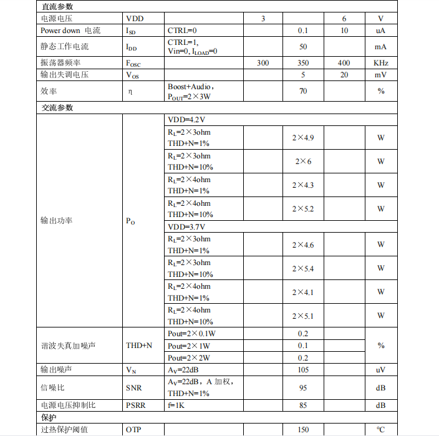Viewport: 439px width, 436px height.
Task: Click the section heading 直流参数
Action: (57, 7)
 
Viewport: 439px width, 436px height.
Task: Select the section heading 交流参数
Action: (57, 107)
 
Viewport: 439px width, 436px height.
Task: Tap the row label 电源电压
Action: (56, 19)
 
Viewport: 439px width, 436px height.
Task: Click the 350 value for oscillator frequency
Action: (303, 63)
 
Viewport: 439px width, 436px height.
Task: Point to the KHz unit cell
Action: (381, 63)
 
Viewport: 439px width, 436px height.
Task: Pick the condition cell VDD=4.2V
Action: (186, 119)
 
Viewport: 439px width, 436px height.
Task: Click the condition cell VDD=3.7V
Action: (186, 226)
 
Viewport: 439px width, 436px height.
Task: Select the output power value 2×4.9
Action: (303, 137)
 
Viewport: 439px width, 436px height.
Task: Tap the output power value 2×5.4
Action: (303, 268)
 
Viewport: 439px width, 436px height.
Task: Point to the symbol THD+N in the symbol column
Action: (139, 345)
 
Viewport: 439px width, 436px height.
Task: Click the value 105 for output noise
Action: (303, 370)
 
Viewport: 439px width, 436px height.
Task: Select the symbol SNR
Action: (133, 388)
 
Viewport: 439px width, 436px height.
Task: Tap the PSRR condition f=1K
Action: (177, 405)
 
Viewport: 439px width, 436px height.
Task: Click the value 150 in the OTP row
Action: (303, 429)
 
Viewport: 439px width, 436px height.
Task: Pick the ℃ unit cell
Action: (381, 429)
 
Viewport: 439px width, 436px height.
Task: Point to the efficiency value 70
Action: (303, 91)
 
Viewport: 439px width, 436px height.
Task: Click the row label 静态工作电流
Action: (65, 47)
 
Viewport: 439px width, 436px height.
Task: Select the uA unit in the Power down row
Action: (381, 31)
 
